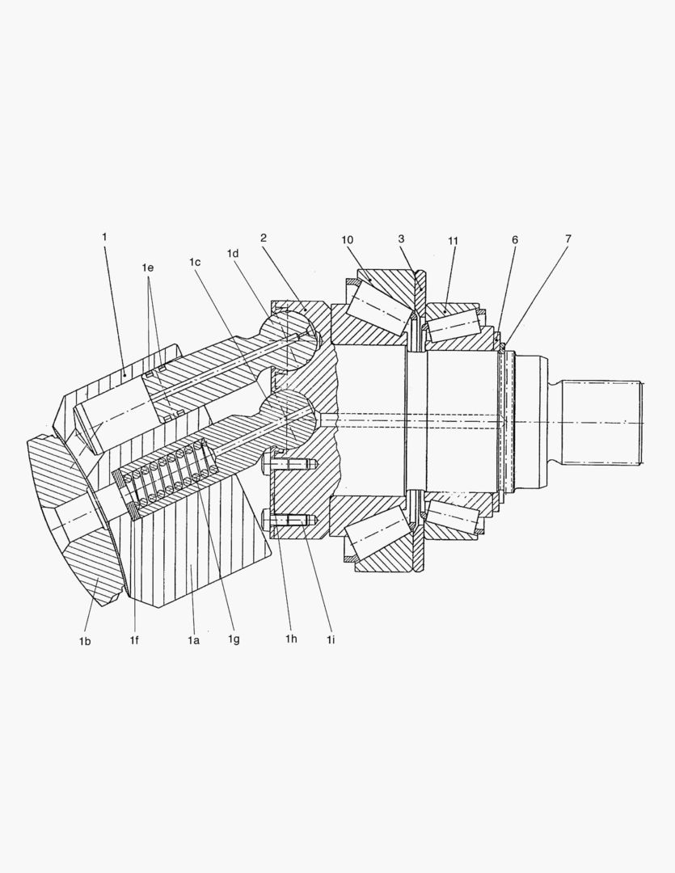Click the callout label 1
point(104,237)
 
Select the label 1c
point(195,262)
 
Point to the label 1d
point(234,253)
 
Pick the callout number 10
point(348,240)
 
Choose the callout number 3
point(401,239)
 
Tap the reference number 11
point(453,240)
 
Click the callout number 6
point(515,240)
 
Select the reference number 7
point(568,238)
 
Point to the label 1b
point(84,641)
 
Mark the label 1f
point(135,641)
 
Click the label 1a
point(192,641)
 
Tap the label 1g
point(234,641)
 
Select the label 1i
point(331,641)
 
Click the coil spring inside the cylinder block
point(168,479)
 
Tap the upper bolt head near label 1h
point(268,462)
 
